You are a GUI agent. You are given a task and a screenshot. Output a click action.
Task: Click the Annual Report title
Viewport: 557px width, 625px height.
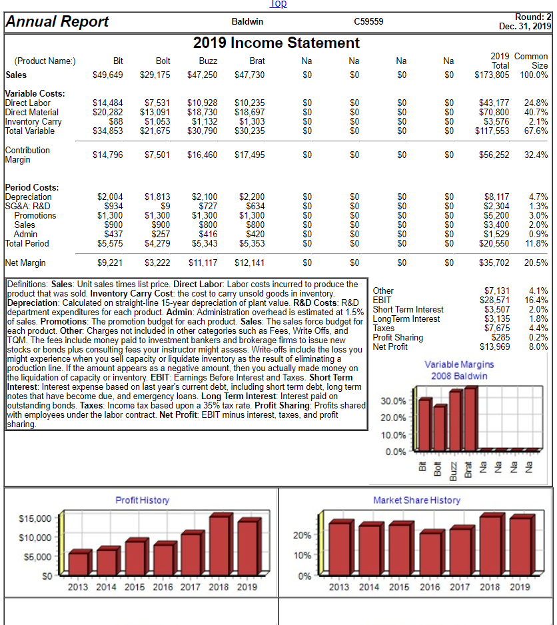click(57, 21)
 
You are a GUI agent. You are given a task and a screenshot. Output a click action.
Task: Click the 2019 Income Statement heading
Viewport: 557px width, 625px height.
click(277, 43)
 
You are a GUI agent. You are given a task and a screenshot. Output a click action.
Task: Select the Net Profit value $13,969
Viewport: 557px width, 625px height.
click(496, 346)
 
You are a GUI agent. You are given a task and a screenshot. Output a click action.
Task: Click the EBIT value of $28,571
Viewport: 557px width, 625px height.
click(496, 300)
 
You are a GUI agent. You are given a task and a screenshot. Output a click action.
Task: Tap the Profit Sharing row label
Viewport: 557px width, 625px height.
click(398, 337)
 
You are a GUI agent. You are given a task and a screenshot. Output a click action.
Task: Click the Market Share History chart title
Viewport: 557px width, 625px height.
click(416, 500)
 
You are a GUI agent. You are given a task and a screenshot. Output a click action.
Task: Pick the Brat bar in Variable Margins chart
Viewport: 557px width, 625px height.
click(470, 417)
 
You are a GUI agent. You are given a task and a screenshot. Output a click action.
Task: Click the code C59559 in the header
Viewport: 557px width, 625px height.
click(368, 22)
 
